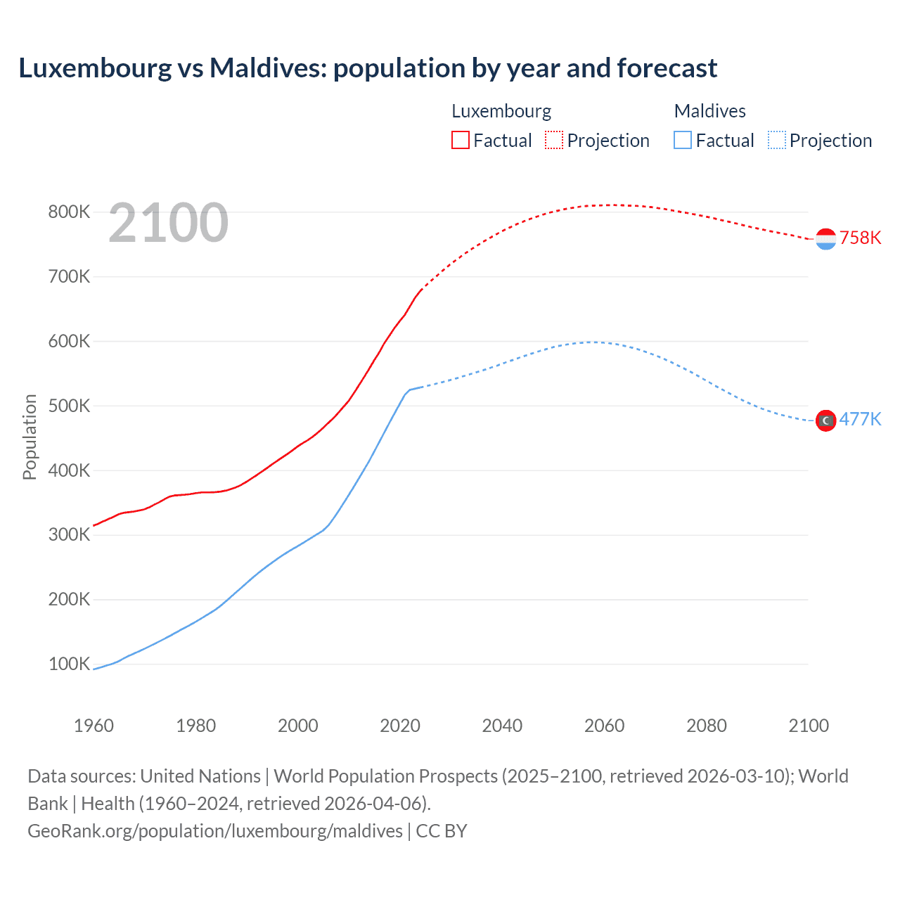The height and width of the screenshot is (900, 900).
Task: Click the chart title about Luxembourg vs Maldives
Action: click(x=368, y=68)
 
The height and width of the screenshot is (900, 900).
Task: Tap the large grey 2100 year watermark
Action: click(x=168, y=223)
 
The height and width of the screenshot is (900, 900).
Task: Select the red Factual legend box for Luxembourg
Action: click(x=460, y=140)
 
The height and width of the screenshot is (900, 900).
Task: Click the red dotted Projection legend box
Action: click(x=554, y=140)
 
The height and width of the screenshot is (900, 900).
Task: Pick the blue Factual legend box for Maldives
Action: click(x=682, y=140)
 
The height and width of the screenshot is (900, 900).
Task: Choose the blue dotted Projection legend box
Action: click(x=776, y=140)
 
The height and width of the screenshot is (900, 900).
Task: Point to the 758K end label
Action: click(x=860, y=238)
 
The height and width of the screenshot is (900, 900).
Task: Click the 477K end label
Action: click(x=860, y=419)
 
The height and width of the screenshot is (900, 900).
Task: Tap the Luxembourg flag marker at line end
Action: click(x=825, y=239)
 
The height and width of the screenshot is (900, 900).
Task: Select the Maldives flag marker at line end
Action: click(x=825, y=420)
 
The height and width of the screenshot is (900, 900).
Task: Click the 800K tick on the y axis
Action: click(x=69, y=212)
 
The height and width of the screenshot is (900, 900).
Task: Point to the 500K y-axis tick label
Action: click(x=69, y=406)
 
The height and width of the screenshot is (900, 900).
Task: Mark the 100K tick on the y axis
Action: click(x=69, y=664)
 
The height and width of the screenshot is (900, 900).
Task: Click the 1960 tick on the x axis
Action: click(x=94, y=726)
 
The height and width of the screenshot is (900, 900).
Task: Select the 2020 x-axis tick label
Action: click(x=400, y=726)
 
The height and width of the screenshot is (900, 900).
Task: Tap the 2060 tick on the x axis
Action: click(x=604, y=726)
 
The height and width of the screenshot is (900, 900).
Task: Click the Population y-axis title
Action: click(x=30, y=437)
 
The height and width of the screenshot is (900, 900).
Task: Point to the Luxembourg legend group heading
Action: click(x=501, y=111)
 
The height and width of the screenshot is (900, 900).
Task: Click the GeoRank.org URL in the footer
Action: click(x=215, y=831)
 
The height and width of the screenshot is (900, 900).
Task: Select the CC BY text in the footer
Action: click(x=442, y=831)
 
